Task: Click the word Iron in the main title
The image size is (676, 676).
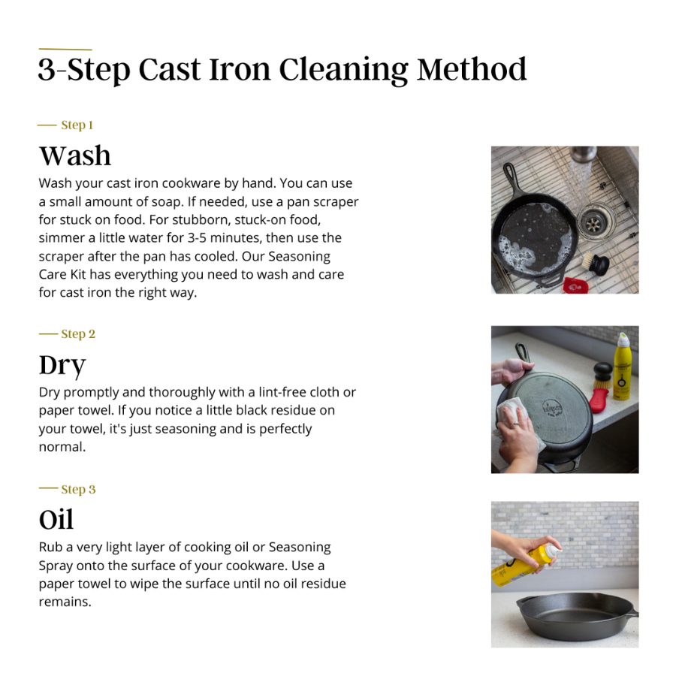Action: (x=240, y=69)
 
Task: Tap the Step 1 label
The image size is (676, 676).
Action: (x=77, y=125)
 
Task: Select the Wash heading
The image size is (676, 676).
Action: (x=75, y=155)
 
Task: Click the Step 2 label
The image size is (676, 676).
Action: (x=78, y=333)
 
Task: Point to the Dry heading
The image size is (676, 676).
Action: (x=62, y=366)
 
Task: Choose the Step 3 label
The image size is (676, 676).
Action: (x=78, y=489)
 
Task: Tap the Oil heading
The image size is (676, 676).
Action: (x=56, y=520)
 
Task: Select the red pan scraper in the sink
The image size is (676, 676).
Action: (x=575, y=285)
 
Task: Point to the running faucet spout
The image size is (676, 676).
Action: (x=584, y=153)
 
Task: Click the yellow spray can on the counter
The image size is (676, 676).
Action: (x=621, y=367)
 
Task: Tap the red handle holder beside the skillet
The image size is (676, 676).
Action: (x=599, y=400)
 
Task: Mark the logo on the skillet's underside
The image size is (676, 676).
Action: (x=552, y=408)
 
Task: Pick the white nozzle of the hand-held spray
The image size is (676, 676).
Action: (x=553, y=551)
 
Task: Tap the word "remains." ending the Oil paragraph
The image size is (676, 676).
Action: (x=65, y=602)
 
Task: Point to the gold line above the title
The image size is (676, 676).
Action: (x=65, y=50)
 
